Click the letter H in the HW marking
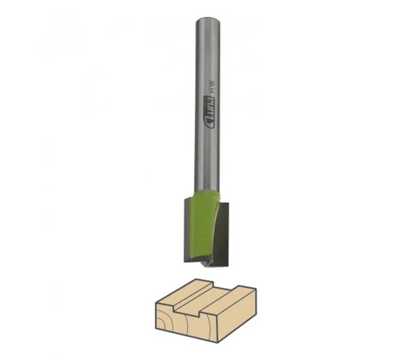pos(210,90)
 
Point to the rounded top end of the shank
pos(208,20)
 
